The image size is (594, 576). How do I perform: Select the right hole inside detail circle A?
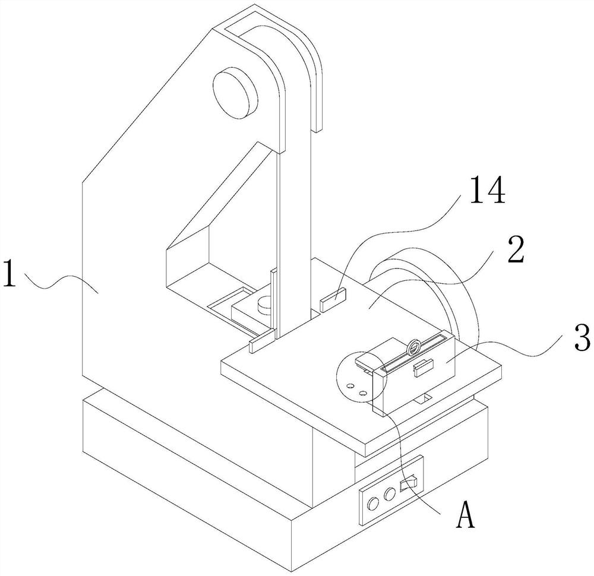[362, 391]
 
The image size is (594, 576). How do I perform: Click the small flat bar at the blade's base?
[262, 341]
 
